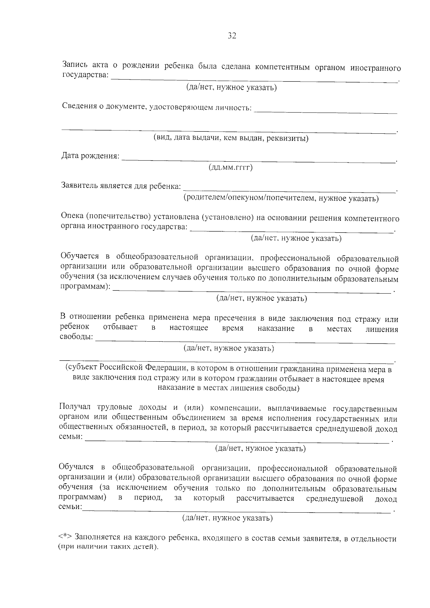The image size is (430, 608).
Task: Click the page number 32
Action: point(232,36)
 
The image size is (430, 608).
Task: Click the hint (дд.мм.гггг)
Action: point(230,168)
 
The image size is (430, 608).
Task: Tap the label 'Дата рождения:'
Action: point(90,156)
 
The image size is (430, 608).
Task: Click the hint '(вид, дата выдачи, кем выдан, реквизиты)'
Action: point(231,138)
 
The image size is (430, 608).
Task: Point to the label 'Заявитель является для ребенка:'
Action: point(121,186)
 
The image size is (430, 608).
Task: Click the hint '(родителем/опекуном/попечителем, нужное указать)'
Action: point(281,198)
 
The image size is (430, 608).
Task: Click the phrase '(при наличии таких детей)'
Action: point(108,547)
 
